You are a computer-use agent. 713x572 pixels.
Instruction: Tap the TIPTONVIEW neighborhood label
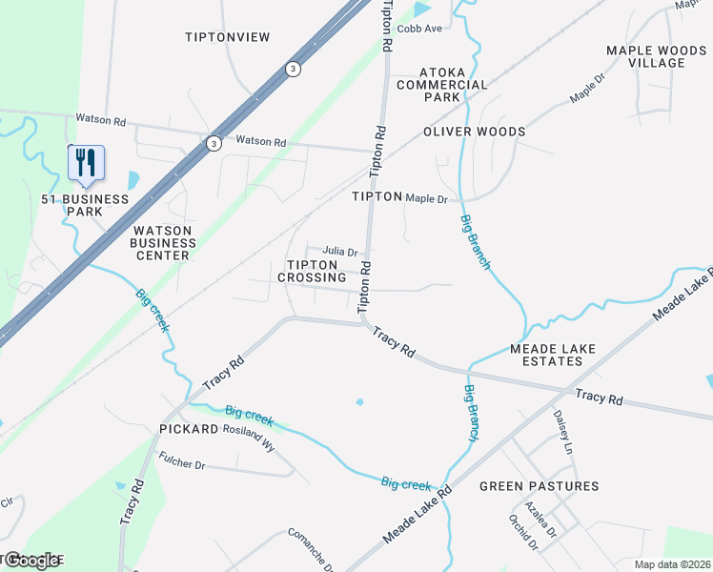pyautogui.click(x=228, y=37)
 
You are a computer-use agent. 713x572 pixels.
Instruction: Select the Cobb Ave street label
pyautogui.click(x=420, y=29)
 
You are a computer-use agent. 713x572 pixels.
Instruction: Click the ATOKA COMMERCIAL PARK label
pyautogui.click(x=456, y=85)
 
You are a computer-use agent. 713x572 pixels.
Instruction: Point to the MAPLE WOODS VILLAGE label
pyautogui.click(x=645, y=56)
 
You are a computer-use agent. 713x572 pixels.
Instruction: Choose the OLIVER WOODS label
pyautogui.click(x=474, y=132)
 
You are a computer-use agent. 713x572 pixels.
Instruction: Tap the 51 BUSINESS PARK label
pyautogui.click(x=85, y=205)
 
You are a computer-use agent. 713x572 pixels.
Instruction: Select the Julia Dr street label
pyautogui.click(x=339, y=252)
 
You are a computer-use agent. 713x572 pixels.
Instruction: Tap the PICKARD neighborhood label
pyautogui.click(x=189, y=430)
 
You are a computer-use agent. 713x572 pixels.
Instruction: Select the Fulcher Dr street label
pyautogui.click(x=187, y=465)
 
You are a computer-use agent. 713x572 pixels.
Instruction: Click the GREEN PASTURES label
pyautogui.click(x=539, y=486)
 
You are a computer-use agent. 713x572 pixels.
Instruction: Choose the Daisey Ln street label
pyautogui.click(x=561, y=432)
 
